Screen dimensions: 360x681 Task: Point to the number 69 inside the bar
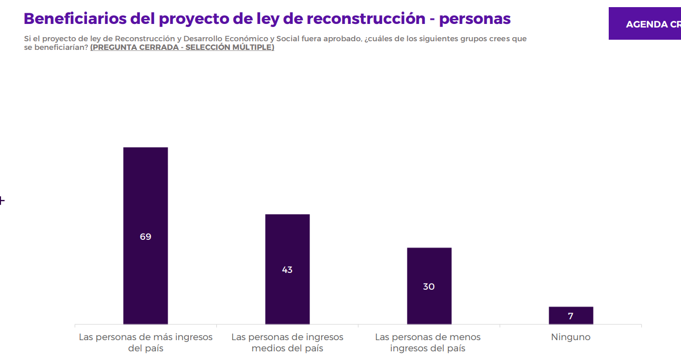146,237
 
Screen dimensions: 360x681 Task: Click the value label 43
288,270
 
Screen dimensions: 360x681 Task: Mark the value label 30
429,287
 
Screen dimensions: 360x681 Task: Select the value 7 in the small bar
571,316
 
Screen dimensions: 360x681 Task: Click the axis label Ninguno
571,337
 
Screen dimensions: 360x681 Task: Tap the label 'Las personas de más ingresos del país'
146,343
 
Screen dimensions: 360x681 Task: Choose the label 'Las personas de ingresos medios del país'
288,343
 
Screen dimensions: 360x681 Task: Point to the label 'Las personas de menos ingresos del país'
428,343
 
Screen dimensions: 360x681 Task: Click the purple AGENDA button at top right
645,24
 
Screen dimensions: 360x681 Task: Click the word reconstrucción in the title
366,18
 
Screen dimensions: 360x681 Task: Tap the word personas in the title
474,18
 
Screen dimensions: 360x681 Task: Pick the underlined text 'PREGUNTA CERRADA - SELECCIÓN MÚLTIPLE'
182,47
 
